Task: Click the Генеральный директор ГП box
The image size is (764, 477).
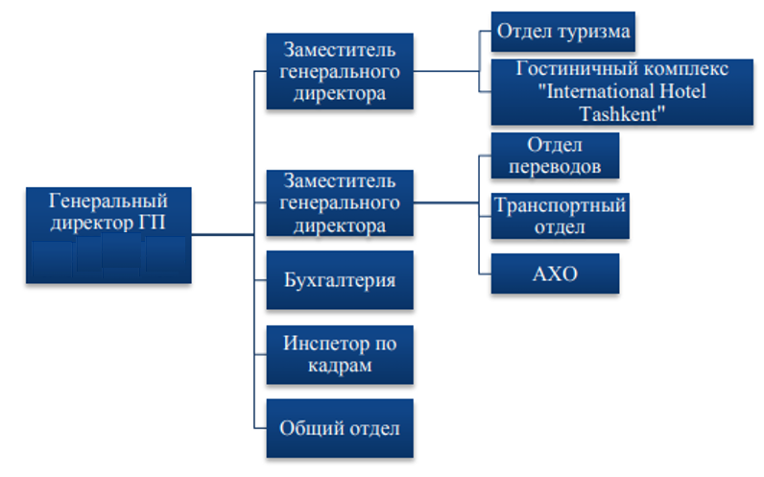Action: tap(108, 235)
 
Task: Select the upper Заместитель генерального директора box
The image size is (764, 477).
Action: tap(340, 71)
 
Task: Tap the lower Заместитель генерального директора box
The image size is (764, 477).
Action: tap(340, 203)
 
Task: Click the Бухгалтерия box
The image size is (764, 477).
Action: tap(340, 280)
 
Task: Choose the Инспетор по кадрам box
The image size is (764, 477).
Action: tap(340, 355)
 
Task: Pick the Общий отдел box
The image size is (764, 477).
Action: tap(340, 428)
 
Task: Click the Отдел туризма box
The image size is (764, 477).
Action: tap(562, 32)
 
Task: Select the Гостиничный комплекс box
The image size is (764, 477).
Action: tap(622, 92)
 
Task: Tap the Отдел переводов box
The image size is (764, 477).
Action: tap(555, 155)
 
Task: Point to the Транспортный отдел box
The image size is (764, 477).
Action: tap(560, 216)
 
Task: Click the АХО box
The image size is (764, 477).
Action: tap(555, 274)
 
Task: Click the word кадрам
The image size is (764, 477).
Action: tap(340, 366)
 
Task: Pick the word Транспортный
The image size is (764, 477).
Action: tap(560, 205)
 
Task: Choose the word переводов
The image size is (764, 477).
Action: tap(555, 167)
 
